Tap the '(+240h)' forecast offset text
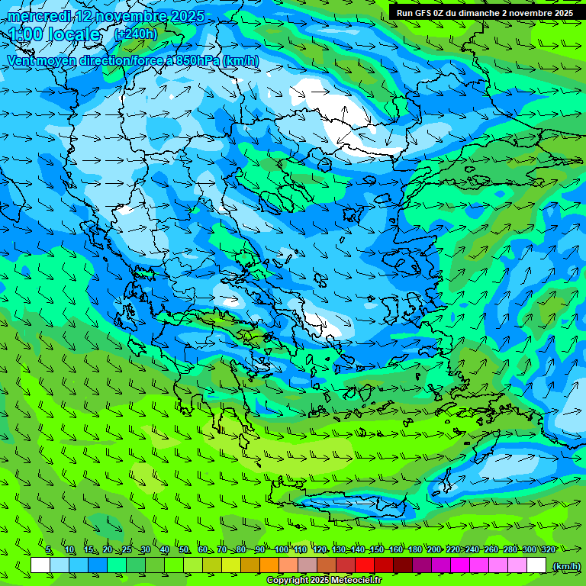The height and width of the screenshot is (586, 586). coord(135,34)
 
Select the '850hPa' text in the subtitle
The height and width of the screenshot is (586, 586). coord(198,61)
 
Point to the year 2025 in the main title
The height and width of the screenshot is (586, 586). coord(186,17)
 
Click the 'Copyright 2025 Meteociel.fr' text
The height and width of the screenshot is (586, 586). coord(324,581)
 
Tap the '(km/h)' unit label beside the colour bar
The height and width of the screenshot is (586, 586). coord(566,566)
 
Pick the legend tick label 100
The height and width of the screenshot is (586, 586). coord(282,549)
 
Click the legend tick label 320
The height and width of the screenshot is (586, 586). coord(547,549)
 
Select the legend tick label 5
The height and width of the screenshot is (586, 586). coord(49,549)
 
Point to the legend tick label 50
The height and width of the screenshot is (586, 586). coord(184,549)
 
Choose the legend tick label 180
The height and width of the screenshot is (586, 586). coord(414,549)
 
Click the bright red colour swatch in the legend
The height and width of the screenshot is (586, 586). coord(365,565)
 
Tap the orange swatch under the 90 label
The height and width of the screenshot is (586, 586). coord(269,565)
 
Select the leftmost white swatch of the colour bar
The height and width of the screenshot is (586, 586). coord(40,565)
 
